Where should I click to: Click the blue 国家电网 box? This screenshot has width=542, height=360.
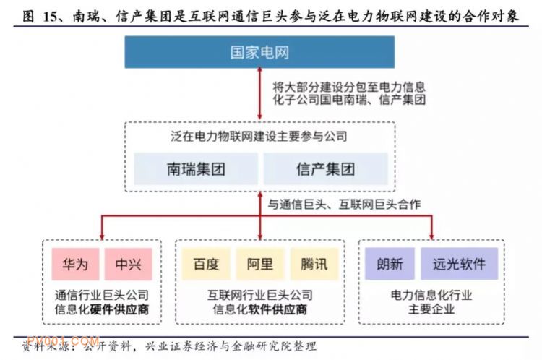click(259, 52)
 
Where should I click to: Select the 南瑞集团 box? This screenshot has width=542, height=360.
click(196, 168)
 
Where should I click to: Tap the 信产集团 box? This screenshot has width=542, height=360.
click(326, 168)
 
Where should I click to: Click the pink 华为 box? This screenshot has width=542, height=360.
click(75, 264)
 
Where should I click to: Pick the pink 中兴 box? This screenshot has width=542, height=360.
click(128, 264)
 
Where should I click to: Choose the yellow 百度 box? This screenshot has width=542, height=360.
click(207, 264)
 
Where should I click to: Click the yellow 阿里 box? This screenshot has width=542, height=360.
click(260, 264)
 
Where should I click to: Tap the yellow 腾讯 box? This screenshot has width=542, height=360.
click(314, 264)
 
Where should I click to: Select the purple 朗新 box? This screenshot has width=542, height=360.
click(390, 264)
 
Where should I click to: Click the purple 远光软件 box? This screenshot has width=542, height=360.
click(460, 264)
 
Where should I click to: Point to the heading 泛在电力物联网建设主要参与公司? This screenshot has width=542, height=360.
click(259, 136)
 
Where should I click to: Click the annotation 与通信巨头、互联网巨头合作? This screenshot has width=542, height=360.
click(344, 205)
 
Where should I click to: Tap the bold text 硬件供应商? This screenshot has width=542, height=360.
click(119, 309)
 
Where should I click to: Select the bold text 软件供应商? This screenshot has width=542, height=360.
click(278, 309)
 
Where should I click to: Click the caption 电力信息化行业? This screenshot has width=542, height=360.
click(431, 295)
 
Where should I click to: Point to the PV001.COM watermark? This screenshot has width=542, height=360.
click(64, 341)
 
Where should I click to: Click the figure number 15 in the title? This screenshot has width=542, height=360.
click(50, 16)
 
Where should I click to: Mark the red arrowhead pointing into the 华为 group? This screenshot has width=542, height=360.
click(102, 236)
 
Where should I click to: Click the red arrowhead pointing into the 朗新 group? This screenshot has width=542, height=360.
click(431, 236)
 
